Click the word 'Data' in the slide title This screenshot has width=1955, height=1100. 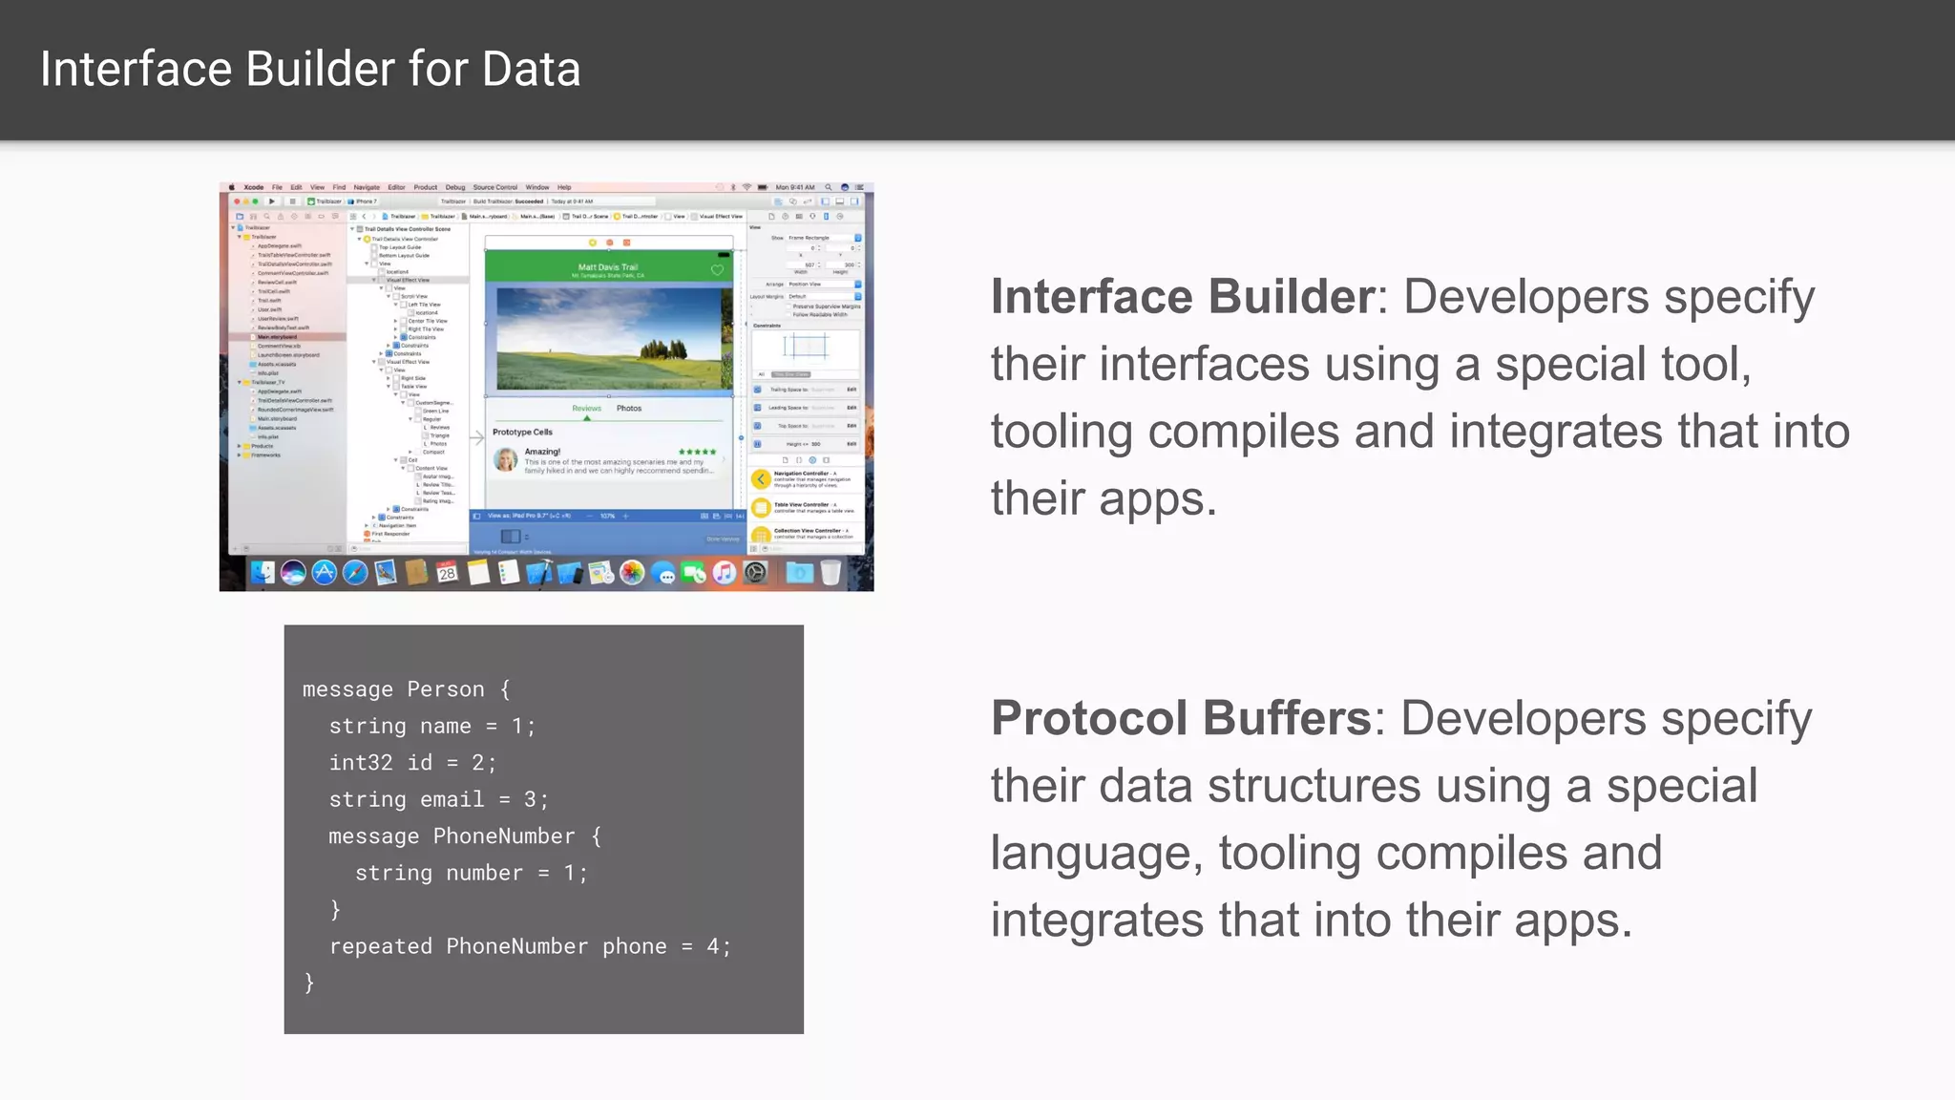pyautogui.click(x=531, y=70)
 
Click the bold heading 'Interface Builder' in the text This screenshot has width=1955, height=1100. pyautogui.click(x=1182, y=297)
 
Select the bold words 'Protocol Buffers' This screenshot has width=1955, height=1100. pyautogui.click(x=1180, y=718)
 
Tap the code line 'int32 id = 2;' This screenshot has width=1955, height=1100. pyautogui.click(x=412, y=763)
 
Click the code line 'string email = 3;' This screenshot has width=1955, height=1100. pyautogui.click(x=438, y=799)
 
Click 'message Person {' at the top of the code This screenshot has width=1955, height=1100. pyautogui.click(x=406, y=689)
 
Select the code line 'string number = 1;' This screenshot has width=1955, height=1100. pyautogui.click(x=471, y=873)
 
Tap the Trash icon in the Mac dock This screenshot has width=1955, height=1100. pyautogui.click(x=830, y=572)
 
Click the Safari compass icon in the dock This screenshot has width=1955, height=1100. pyautogui.click(x=355, y=572)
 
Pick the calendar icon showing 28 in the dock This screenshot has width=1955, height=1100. pyautogui.click(x=447, y=572)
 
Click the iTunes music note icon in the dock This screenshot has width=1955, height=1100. pyautogui.click(x=724, y=572)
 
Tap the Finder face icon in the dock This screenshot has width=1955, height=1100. pyautogui.click(x=263, y=572)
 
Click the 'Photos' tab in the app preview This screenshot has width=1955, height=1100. pyautogui.click(x=629, y=409)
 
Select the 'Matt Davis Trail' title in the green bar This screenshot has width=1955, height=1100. pyautogui.click(x=608, y=267)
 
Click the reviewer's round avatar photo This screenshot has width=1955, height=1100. pyautogui.click(x=506, y=460)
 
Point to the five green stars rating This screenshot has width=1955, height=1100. pyautogui.click(x=697, y=452)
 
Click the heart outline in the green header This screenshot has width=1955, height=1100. pyautogui.click(x=717, y=270)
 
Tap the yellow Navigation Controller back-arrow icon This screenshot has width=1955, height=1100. pyautogui.click(x=761, y=479)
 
